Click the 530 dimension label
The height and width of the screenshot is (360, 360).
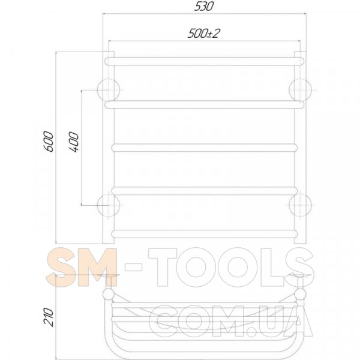pyautogui.click(x=204, y=6)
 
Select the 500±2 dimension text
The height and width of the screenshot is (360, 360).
pyautogui.click(x=203, y=34)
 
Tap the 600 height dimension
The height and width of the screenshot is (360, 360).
pyautogui.click(x=49, y=142)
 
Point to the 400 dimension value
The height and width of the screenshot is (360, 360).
pyautogui.click(x=73, y=142)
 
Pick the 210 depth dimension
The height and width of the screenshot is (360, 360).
pyautogui.click(x=49, y=317)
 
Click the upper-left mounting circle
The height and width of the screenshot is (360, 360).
pyautogui.click(x=109, y=90)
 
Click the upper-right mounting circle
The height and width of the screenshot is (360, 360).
pyautogui.click(x=300, y=90)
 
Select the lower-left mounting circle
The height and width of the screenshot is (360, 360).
pyautogui.click(x=109, y=205)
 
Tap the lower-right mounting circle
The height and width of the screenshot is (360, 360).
pyautogui.click(x=300, y=205)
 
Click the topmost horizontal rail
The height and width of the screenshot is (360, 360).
pyautogui.click(x=205, y=61)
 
